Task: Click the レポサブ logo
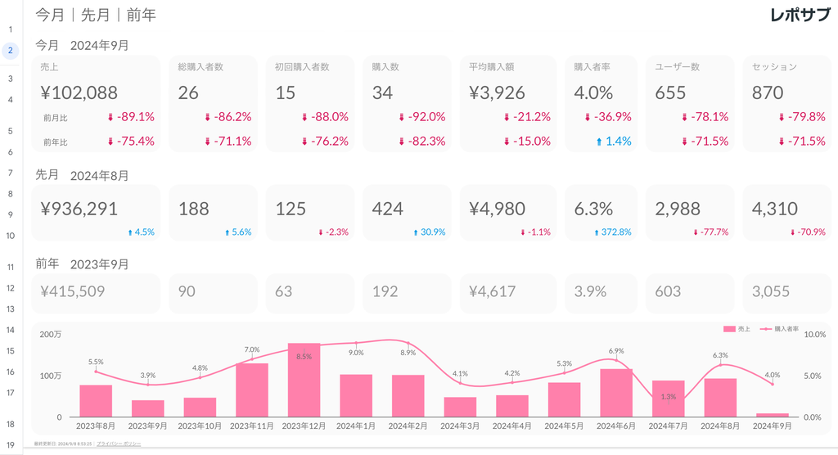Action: [800, 15]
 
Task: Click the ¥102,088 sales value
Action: [79, 92]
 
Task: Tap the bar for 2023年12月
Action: [304, 381]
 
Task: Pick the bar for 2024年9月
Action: [772, 415]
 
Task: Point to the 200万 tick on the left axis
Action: [50, 335]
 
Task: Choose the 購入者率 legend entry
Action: [782, 329]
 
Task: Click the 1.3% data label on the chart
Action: [668, 397]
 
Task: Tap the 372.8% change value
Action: [615, 232]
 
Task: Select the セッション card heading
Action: [774, 67]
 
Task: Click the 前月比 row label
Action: [55, 118]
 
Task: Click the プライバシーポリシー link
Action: [118, 443]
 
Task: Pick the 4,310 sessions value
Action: [774, 209]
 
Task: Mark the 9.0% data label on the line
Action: [356, 353]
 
